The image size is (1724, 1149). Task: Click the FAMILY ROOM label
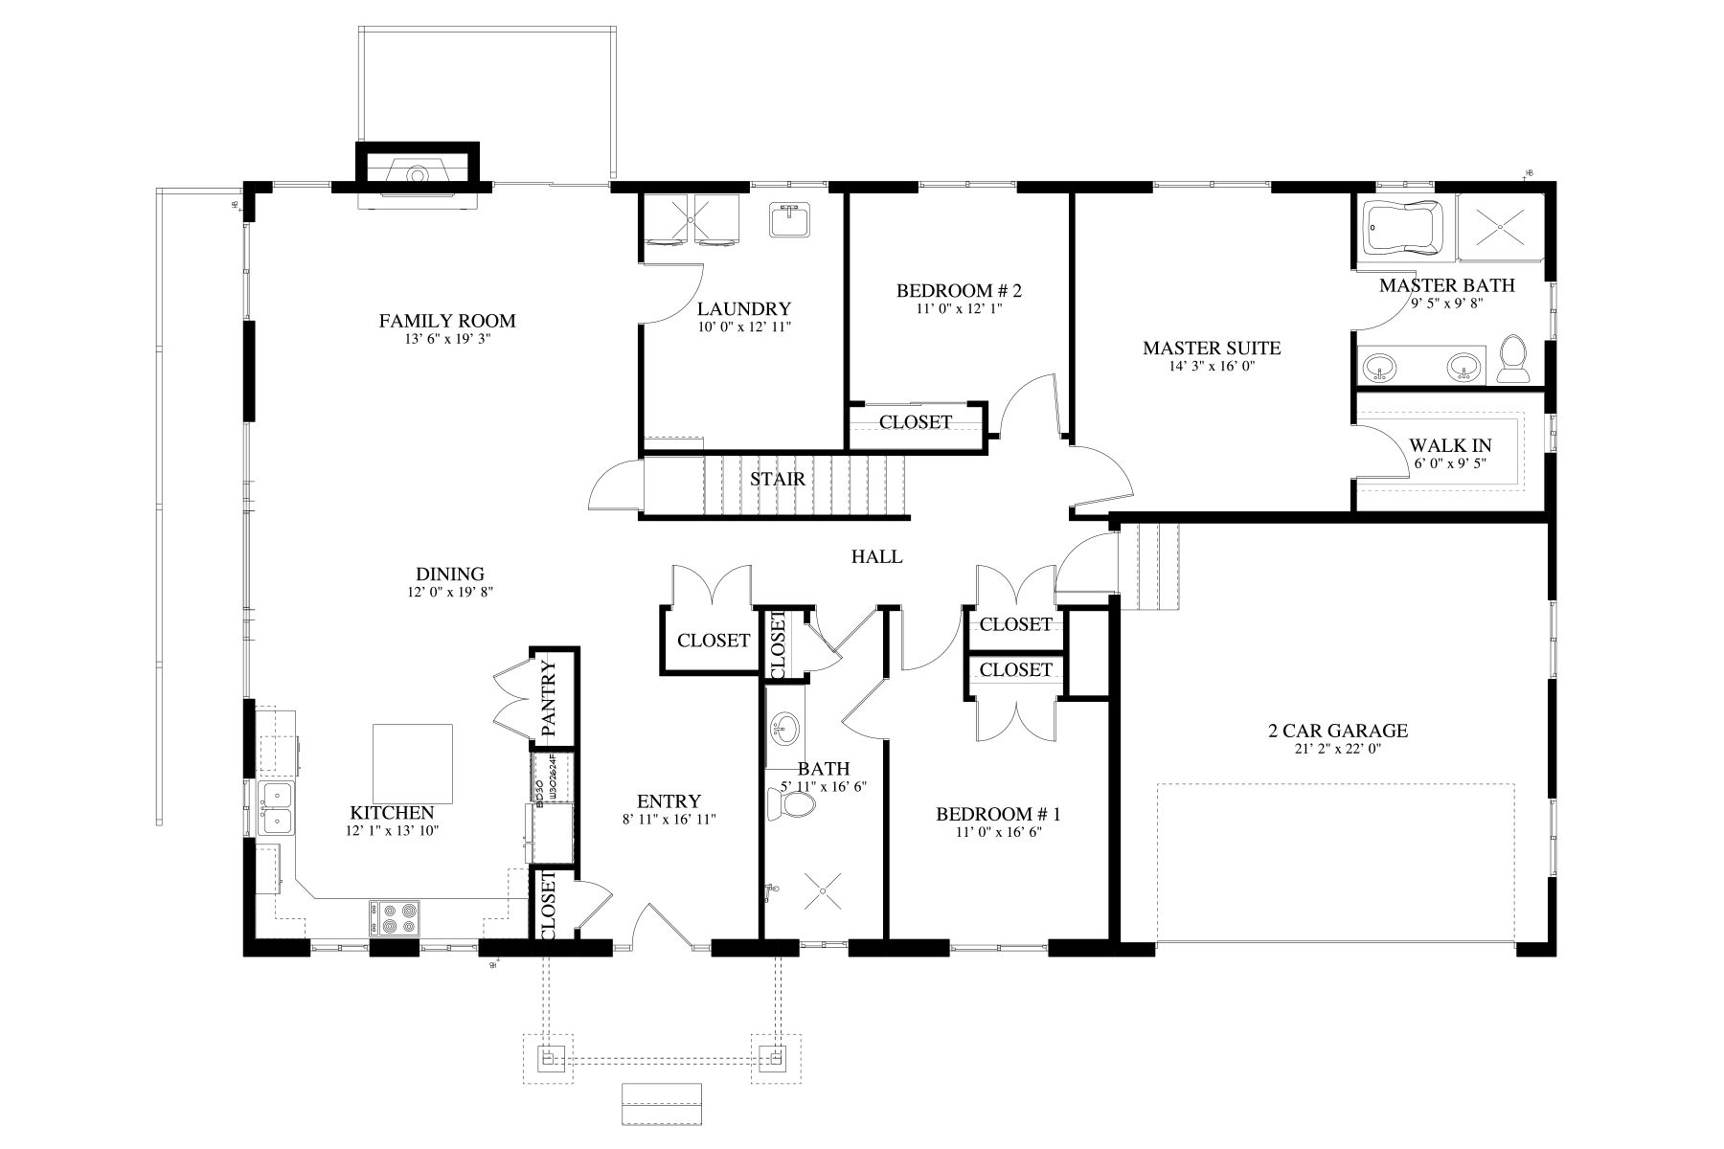(447, 321)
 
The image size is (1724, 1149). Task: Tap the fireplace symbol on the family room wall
(418, 175)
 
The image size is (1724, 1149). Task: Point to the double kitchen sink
(277, 807)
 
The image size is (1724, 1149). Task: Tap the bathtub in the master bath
(1402, 229)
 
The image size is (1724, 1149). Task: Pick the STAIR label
(777, 479)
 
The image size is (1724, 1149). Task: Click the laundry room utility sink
(789, 219)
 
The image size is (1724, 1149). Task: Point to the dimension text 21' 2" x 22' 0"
(1337, 750)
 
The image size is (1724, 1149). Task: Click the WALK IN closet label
(1449, 446)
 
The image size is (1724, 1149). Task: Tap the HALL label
(876, 556)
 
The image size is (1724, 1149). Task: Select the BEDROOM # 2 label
(959, 290)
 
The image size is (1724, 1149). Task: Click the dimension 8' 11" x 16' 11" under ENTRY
(669, 820)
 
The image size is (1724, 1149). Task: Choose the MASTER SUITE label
(1211, 348)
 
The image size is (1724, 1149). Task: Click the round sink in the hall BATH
(784, 730)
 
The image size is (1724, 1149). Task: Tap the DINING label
(449, 574)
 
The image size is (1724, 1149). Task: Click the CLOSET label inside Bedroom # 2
(915, 422)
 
